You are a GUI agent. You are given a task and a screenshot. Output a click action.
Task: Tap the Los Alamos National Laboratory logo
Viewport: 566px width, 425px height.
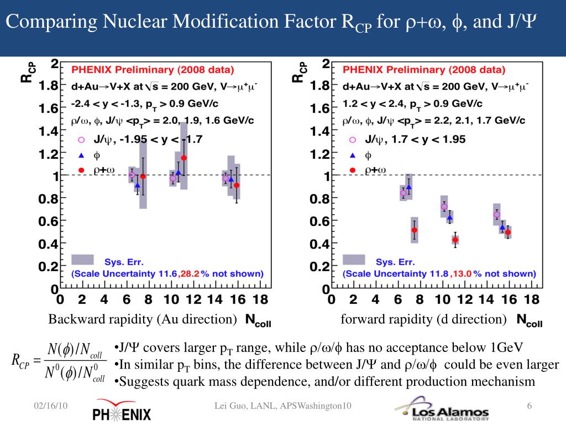[x=442, y=410]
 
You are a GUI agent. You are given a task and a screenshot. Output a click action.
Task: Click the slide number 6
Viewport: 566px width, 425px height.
[x=530, y=407]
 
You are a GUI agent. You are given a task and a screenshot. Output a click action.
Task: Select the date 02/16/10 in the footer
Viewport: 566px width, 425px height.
[x=50, y=407]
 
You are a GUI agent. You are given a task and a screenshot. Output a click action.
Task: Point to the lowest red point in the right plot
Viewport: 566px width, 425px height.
[x=455, y=240]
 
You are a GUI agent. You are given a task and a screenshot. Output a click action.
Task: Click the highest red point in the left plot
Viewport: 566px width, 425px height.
[x=184, y=158]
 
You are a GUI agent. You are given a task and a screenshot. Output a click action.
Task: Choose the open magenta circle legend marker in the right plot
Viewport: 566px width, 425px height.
[x=352, y=140]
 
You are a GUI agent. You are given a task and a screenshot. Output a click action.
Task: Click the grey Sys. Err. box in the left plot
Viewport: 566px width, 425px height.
[x=82, y=260]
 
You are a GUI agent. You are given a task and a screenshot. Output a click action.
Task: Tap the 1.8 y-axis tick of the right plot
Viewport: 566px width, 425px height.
[x=320, y=86]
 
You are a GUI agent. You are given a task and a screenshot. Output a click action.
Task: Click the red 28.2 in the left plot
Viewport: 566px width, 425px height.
[x=188, y=273]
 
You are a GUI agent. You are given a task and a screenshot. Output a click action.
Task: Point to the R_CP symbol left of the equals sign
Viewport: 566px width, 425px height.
[x=20, y=361]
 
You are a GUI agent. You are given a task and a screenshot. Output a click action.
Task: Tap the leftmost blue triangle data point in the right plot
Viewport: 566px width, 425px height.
[x=408, y=187]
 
